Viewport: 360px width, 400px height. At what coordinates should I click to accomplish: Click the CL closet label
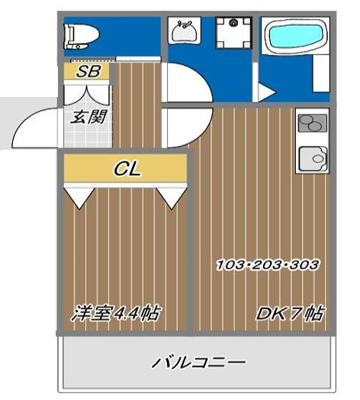pyautogui.click(x=126, y=169)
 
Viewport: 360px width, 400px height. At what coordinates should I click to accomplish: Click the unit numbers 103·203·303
pyautogui.click(x=267, y=264)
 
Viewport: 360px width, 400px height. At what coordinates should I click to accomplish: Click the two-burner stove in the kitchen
pyautogui.click(x=313, y=124)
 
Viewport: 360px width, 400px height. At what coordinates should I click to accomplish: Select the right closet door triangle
pyautogui.click(x=172, y=196)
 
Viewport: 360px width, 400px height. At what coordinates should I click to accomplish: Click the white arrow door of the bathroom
pyautogui.click(x=265, y=92)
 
